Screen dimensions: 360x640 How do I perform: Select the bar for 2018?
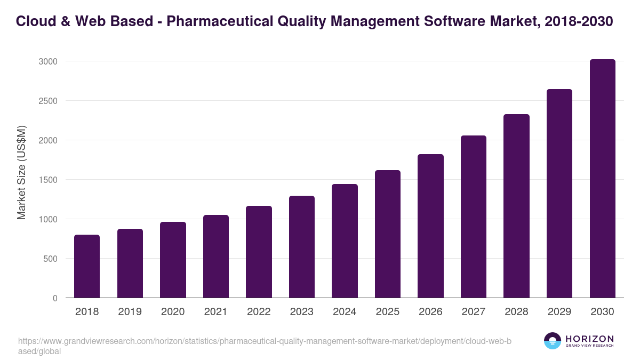(87, 266)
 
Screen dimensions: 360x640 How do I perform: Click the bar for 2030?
(602, 179)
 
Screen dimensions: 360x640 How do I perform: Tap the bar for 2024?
(345, 241)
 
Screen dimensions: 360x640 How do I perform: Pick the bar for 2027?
(474, 217)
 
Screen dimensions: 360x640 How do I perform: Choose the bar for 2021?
(216, 257)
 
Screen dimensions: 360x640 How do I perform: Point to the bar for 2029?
(559, 194)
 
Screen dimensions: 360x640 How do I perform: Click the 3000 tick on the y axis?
(47, 61)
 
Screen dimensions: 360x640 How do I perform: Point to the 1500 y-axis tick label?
(47, 180)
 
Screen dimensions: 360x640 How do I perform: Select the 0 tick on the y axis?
(55, 298)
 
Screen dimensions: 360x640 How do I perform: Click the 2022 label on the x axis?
(259, 312)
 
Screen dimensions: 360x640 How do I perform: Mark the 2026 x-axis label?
(430, 312)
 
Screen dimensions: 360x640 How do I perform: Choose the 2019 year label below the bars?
(130, 312)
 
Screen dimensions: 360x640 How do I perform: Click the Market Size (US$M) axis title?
(21, 173)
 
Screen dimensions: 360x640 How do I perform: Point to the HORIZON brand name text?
(589, 339)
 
